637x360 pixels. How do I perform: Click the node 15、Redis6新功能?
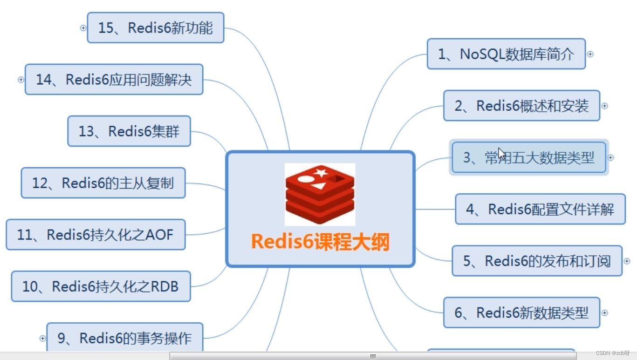[x=156, y=28]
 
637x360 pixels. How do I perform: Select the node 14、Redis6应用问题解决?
[x=114, y=80]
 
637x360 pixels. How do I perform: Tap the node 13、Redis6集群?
[x=129, y=131]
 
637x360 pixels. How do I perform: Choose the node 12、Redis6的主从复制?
[x=103, y=183]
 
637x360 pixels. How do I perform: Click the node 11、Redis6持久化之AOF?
[x=96, y=235]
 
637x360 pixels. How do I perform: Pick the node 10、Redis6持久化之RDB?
[x=101, y=286]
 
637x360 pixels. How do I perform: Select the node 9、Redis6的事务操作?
[x=124, y=338]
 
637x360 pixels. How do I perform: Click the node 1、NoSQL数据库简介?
[x=506, y=54]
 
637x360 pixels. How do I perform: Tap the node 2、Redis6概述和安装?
[x=521, y=106]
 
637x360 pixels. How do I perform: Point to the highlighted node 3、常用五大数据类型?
[x=529, y=158]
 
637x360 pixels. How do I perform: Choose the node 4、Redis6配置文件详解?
[x=540, y=209]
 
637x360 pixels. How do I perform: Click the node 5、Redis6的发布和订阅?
[x=537, y=261]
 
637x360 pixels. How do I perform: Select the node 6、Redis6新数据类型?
[x=521, y=312]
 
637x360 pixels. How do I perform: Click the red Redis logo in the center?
[x=320, y=194]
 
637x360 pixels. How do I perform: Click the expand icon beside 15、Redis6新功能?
[x=83, y=28]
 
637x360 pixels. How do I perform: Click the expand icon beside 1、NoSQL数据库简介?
[x=590, y=54]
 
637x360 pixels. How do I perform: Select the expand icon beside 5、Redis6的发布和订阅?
[x=627, y=261]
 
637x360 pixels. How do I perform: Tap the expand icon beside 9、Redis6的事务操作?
[x=42, y=339]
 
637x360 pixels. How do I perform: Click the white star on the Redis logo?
[x=321, y=173]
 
